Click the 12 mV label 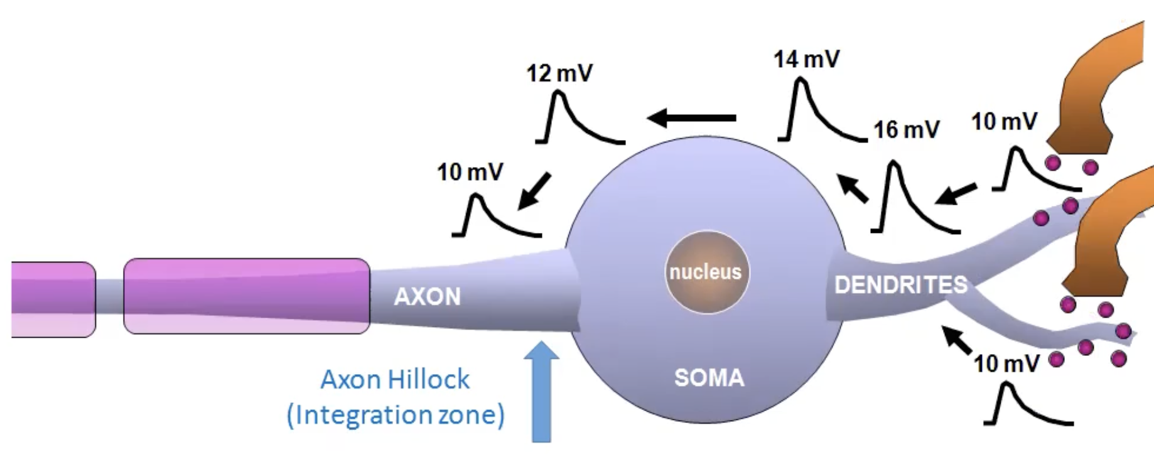pos(559,73)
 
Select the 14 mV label pos(807,60)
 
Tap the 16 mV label pos(907,130)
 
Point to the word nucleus pos(706,272)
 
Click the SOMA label pos(709,378)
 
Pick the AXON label pos(428,296)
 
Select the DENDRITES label pos(901,285)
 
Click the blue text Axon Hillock pos(395,379)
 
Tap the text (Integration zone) pos(396,415)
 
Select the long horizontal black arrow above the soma pos(691,117)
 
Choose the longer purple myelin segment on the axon pos(247,296)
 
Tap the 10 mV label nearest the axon pos(470,172)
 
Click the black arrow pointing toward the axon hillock pos(534,191)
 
